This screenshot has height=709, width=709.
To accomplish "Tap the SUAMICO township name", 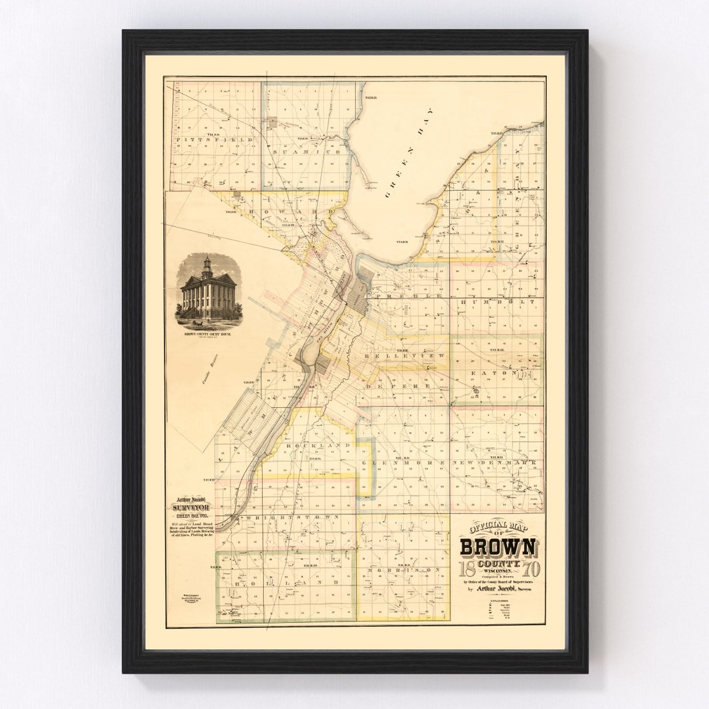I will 309,151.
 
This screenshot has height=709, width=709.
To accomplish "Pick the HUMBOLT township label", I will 497,301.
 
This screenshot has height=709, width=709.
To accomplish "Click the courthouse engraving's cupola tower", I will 207,266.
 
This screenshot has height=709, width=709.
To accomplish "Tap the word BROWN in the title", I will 498,547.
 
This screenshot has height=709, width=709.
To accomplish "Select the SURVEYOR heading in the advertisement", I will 190,507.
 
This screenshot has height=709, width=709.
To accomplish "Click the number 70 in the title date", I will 531,567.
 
